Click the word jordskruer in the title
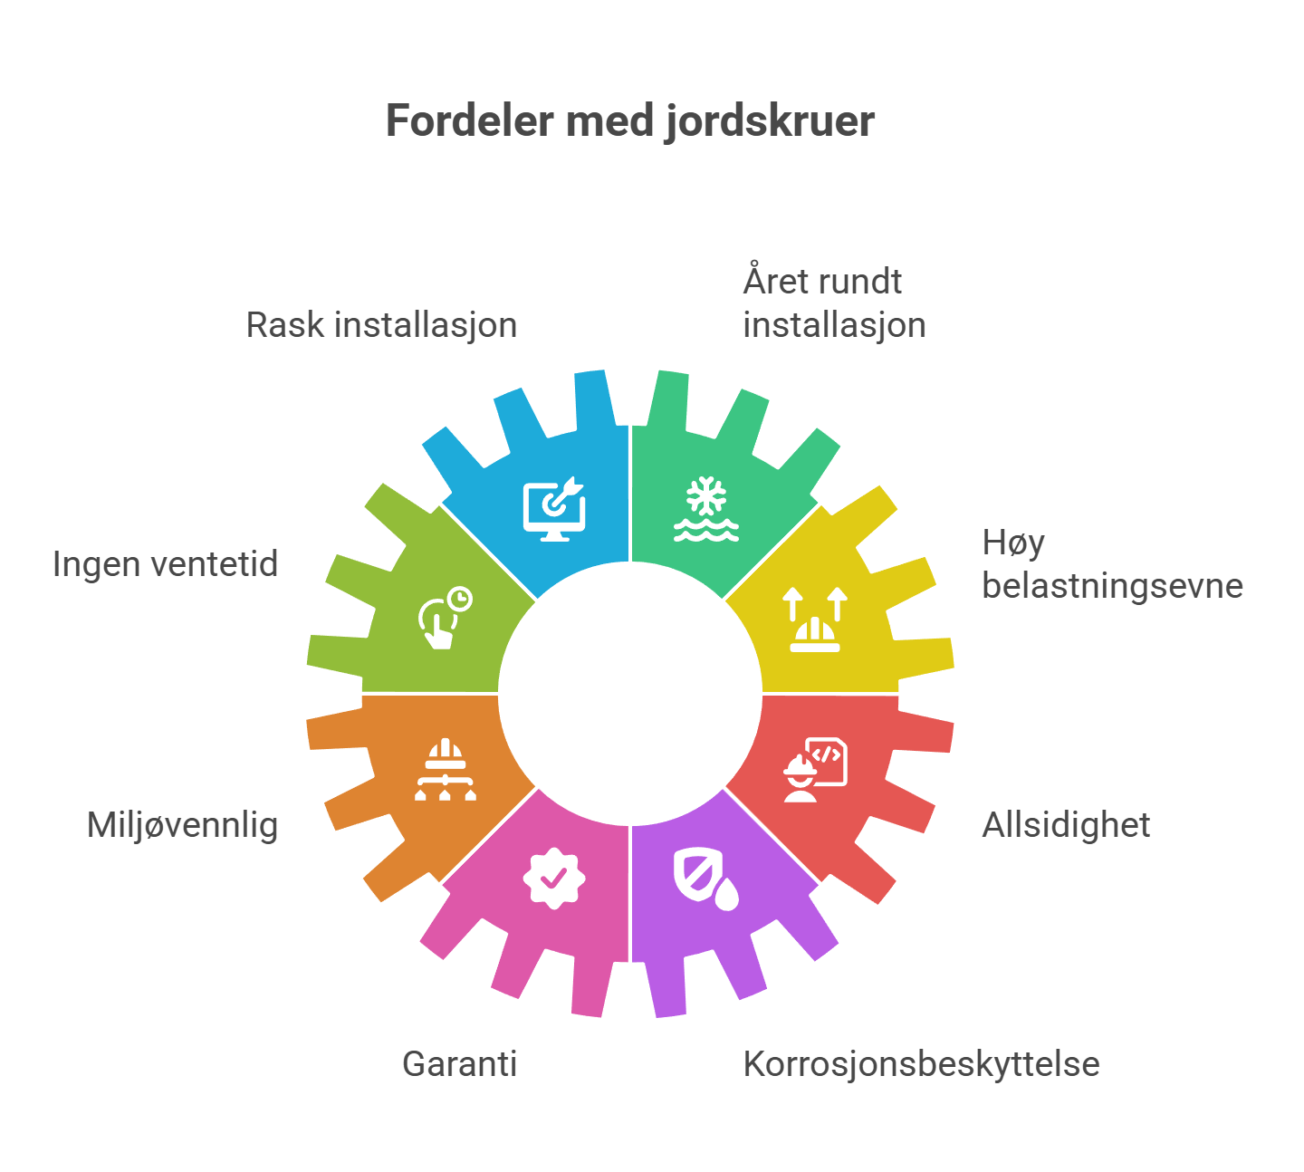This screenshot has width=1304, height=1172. coord(770,122)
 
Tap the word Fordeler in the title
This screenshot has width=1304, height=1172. coord(470,120)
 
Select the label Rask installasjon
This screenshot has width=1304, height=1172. coord(381,326)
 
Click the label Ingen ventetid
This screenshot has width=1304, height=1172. coord(166,564)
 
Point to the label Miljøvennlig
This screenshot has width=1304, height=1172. coord(183,826)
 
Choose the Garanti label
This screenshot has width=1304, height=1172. coord(459,1064)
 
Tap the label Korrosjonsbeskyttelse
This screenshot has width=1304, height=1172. coord(921,1065)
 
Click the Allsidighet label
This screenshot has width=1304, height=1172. coord(1066,825)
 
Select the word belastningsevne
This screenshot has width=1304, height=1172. coord(1112,586)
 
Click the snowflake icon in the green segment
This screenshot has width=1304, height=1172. coord(706,509)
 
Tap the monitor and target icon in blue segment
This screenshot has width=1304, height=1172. coord(554,509)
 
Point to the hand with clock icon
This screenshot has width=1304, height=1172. coord(445,617)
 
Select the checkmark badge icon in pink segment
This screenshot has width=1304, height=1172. coord(554,879)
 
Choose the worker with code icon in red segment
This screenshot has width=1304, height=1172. coord(815,770)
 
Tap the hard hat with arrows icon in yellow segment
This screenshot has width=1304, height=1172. coord(815,619)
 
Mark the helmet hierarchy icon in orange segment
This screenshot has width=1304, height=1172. coord(445,770)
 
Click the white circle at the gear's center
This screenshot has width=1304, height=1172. coord(630,694)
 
